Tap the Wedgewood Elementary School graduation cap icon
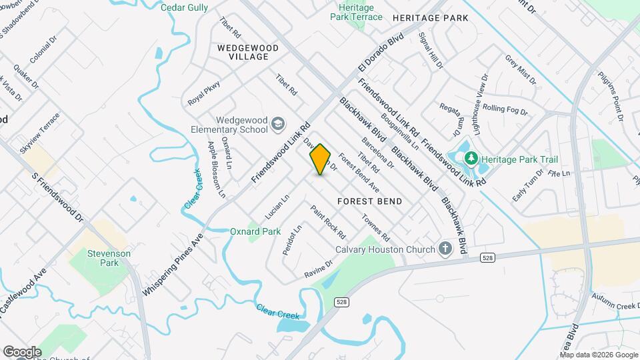point(277,124)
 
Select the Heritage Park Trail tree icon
point(472,159)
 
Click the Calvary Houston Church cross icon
point(445,249)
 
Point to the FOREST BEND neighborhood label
point(369,201)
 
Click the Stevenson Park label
point(109,259)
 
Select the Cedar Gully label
point(185,7)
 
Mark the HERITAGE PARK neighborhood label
point(431,18)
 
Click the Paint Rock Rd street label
point(328,222)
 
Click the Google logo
point(21,351)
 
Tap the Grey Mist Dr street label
point(520,70)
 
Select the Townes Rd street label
point(376,227)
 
